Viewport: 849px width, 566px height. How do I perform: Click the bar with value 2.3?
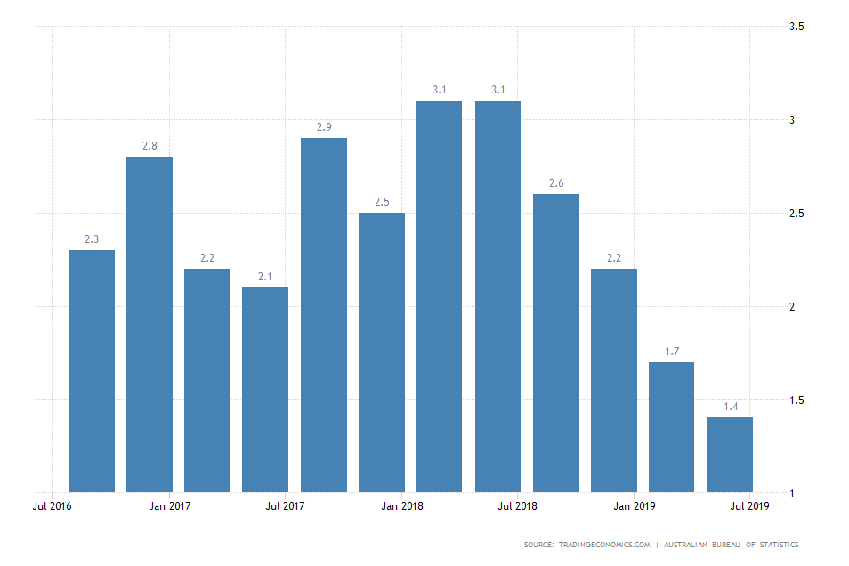[92, 370]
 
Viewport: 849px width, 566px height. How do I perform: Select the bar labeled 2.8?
[150, 324]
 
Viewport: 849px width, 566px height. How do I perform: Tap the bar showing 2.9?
[324, 314]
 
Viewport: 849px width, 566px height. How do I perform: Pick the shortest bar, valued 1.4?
[730, 454]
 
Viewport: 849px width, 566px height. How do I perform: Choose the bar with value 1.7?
[671, 426]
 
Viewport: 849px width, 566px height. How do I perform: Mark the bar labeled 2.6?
[556, 343]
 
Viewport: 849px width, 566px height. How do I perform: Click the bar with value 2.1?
[265, 389]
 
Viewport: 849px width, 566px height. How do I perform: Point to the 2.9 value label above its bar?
[324, 127]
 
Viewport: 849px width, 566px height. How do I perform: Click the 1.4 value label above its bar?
[730, 407]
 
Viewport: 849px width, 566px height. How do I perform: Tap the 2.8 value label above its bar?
[150, 146]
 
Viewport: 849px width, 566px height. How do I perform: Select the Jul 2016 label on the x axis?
[53, 507]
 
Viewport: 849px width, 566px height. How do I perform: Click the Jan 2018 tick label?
[401, 507]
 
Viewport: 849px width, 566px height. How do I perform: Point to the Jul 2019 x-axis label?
[750, 507]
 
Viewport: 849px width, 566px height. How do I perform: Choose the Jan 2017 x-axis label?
[169, 507]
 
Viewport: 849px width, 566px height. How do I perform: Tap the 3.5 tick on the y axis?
[796, 27]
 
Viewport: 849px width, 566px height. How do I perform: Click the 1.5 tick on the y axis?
[796, 400]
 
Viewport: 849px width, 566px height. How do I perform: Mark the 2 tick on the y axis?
[793, 307]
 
